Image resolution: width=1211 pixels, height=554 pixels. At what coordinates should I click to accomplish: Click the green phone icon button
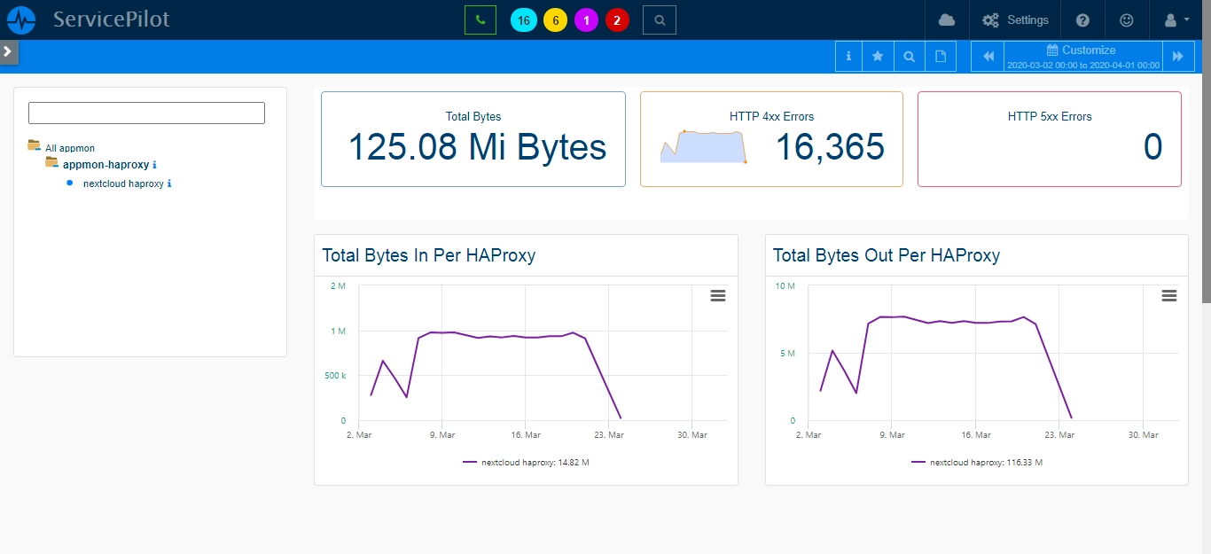click(480, 20)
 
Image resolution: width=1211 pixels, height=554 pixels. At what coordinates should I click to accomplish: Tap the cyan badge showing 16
click(523, 20)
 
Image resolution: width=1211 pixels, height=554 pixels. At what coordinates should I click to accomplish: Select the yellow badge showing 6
click(555, 20)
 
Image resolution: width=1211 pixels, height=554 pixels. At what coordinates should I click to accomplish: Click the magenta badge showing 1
click(586, 20)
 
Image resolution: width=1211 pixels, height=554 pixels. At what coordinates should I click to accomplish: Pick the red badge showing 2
click(617, 20)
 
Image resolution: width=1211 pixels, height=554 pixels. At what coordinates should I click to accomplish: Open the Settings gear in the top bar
click(1015, 20)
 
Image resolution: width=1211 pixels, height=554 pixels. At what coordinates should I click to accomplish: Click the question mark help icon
click(1082, 20)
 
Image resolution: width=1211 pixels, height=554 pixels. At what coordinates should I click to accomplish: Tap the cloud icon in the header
click(947, 20)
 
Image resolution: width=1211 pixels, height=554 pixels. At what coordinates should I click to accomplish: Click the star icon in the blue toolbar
click(878, 56)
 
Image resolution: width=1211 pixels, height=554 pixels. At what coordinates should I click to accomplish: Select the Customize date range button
click(1082, 56)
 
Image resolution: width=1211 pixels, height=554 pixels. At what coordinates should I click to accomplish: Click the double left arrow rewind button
click(988, 56)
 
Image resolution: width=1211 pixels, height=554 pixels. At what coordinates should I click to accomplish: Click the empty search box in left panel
click(146, 113)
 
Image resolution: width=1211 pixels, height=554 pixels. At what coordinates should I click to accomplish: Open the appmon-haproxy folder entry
click(105, 164)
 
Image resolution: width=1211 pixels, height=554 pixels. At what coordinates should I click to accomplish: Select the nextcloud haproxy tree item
click(123, 183)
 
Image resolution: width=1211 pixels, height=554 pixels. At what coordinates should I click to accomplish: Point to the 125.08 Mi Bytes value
click(477, 147)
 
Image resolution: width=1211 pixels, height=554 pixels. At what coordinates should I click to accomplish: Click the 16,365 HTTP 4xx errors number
click(830, 147)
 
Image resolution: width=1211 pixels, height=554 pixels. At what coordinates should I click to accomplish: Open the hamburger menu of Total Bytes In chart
click(718, 296)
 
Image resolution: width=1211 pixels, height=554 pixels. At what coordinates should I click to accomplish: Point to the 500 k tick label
click(335, 375)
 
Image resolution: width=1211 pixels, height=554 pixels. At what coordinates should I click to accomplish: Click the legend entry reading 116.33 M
click(977, 462)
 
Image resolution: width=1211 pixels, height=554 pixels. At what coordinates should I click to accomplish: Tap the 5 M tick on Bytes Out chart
click(787, 353)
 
